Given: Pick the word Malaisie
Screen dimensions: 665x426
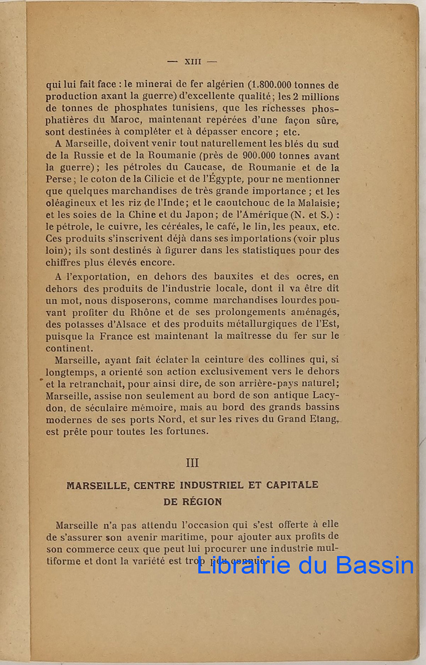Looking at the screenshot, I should click(317, 203).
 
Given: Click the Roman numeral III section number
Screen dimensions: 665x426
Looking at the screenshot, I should click(192, 463).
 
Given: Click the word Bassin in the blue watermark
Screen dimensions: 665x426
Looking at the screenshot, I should click(375, 565).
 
